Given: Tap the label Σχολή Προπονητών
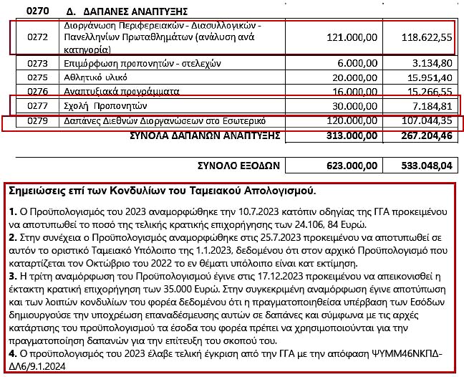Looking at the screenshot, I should pyautogui.click(x=94, y=105).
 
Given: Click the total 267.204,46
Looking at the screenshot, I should pyautogui.click(x=423, y=135).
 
